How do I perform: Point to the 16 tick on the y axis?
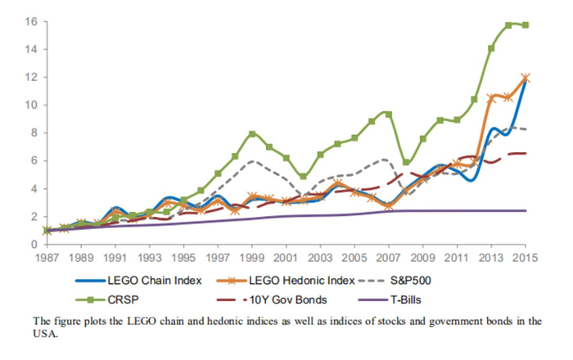tap(30, 21)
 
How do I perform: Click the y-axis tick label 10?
tap(30, 105)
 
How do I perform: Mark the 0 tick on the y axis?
tap(34, 244)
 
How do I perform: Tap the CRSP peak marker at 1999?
tap(252, 133)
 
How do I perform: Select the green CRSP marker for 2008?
tap(406, 162)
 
